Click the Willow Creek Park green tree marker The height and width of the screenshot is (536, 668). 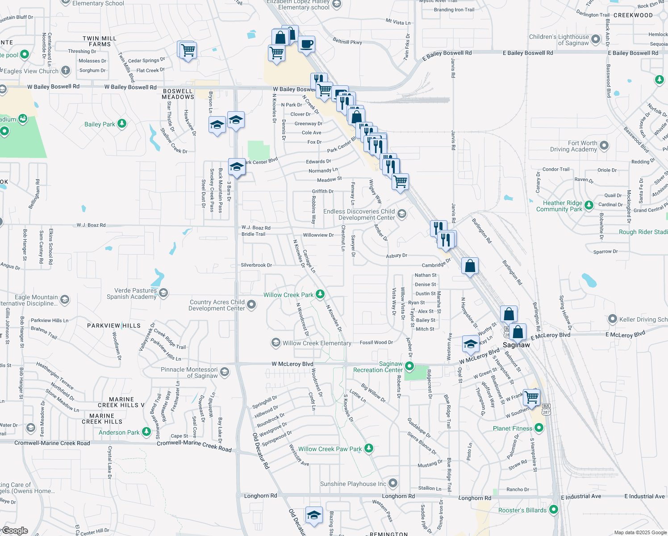(320, 294)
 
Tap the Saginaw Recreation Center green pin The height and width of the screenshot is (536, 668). (409, 367)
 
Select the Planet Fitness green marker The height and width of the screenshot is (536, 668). (539, 428)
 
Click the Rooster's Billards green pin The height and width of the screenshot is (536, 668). (554, 510)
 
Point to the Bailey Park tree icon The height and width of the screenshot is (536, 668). (122, 124)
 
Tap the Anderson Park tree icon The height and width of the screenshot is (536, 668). (146, 432)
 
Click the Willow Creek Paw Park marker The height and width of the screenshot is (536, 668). (368, 448)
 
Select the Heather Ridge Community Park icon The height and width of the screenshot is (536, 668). (589, 205)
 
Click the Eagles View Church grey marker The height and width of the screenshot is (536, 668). (66, 71)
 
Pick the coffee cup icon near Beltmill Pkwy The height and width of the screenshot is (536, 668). (307, 44)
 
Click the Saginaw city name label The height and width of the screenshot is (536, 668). (516, 345)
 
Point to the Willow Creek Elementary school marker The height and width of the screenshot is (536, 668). (276, 343)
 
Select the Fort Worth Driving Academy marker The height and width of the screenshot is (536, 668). (604, 146)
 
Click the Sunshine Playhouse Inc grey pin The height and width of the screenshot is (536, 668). (393, 483)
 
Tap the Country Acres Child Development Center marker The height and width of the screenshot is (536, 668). (251, 305)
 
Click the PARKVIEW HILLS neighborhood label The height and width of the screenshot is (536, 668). (114, 326)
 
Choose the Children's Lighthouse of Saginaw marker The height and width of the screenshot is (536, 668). (596, 39)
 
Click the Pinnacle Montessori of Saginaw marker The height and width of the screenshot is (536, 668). (225, 372)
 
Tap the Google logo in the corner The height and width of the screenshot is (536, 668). (15, 531)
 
